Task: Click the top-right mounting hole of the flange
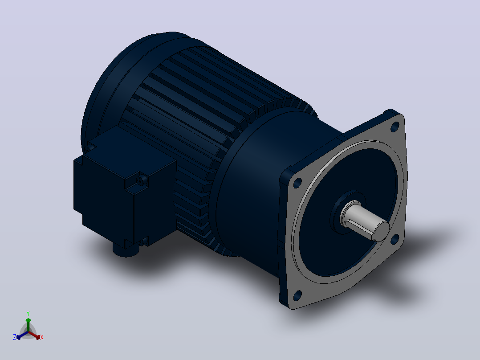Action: (395, 126)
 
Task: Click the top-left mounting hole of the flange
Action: (297, 183)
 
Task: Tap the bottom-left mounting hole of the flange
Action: (297, 295)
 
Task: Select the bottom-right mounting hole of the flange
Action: (395, 239)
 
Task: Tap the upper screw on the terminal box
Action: (142, 180)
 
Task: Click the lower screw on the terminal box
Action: (142, 243)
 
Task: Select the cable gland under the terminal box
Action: (126, 250)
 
